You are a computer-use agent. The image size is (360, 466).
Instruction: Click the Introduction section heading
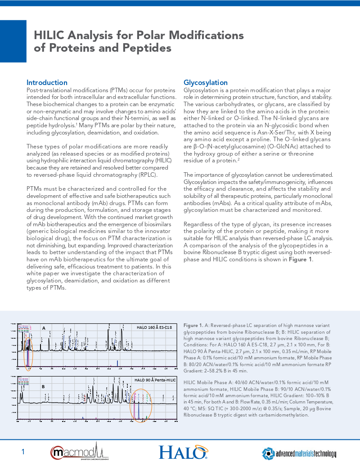(x=47, y=82)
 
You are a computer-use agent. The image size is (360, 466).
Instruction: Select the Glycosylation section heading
(x=205, y=82)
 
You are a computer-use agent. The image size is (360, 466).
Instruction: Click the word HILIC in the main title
(x=53, y=36)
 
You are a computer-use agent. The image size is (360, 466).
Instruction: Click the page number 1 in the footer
(x=23, y=452)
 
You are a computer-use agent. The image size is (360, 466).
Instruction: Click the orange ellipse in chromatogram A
(x=29, y=352)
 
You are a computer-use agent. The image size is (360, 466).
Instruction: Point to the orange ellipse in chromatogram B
(x=140, y=405)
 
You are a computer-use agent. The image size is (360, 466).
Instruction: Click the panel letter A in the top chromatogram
(x=44, y=328)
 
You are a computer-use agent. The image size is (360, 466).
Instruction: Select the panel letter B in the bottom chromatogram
(x=43, y=386)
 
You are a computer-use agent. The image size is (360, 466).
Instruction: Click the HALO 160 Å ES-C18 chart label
(x=154, y=327)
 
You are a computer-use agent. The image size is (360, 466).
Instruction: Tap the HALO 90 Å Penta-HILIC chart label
(x=155, y=380)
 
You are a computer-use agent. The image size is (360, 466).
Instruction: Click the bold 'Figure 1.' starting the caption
(x=193, y=325)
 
